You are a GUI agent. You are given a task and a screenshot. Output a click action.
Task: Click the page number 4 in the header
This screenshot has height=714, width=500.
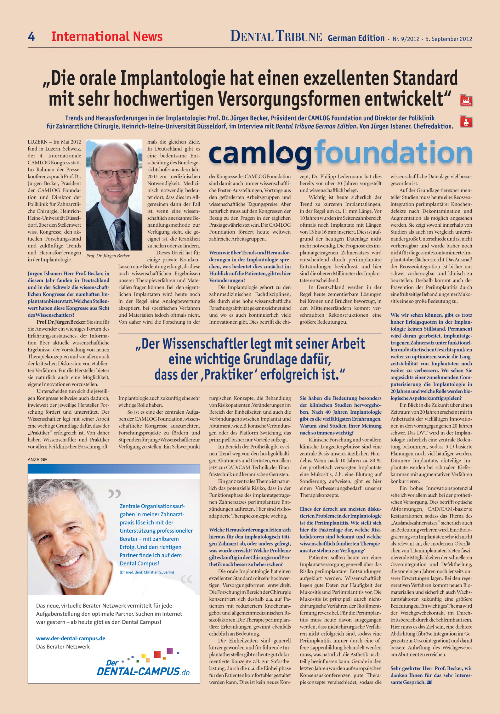pos(31,37)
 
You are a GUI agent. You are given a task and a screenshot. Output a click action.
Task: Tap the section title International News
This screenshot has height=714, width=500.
pos(107,37)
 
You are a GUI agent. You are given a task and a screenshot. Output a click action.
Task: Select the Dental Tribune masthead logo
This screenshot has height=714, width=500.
pos(276,36)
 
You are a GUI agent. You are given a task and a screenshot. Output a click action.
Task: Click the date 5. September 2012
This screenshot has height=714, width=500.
pos(448,39)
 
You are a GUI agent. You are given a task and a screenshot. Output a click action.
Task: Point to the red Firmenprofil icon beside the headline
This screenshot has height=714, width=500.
pos(466,100)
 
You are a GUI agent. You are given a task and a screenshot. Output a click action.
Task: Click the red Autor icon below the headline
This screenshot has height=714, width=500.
pos(466,122)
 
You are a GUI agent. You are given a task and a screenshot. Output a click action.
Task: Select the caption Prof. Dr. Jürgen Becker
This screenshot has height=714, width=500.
pos(108,256)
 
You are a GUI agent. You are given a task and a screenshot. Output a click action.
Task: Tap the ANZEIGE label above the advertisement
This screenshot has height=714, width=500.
pos(37,460)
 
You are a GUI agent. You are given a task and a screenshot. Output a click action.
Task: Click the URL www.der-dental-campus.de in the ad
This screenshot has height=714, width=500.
pos(71,636)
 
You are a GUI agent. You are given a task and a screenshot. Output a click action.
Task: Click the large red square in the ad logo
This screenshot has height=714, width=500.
pos(157,655)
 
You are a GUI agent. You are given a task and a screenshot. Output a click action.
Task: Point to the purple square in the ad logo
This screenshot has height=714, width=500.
pos(170,651)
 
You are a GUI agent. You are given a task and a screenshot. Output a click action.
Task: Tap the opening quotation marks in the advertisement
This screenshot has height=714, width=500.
pos(114,493)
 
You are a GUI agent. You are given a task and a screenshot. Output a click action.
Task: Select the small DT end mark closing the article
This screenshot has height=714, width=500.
pos(429,682)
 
